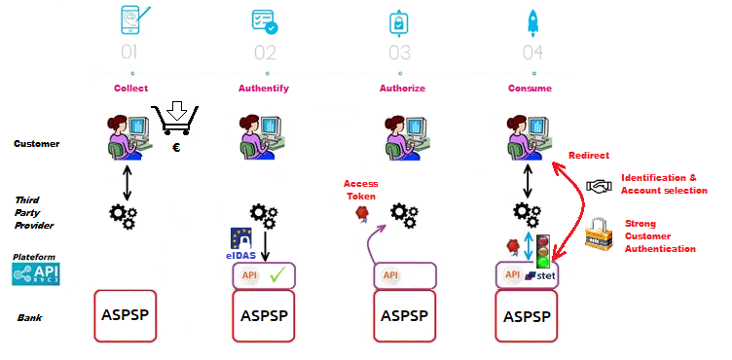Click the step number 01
[x=131, y=52]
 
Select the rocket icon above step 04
[x=532, y=20]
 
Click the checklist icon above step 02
[x=263, y=20]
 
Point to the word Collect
[x=130, y=89]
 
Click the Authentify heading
[x=263, y=89]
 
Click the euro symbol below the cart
[x=176, y=148]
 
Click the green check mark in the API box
[x=282, y=275]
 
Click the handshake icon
[x=599, y=185]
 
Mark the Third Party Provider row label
[x=33, y=211]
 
